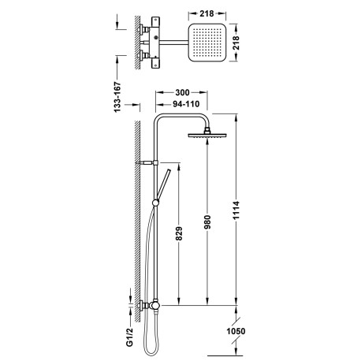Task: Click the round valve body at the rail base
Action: pyautogui.click(x=154, y=304)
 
